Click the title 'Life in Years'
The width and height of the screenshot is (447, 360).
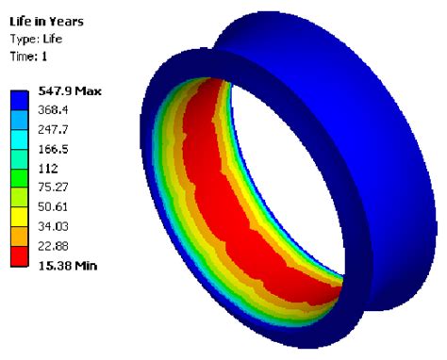[46, 19]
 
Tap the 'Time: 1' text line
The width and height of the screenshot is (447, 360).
[28, 57]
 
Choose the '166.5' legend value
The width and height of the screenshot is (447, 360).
[56, 149]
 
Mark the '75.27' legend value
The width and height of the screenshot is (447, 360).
[56, 187]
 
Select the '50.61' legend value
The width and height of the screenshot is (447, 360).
[56, 206]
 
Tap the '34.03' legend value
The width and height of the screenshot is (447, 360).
[56, 226]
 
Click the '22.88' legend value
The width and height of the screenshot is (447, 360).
[56, 247]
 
